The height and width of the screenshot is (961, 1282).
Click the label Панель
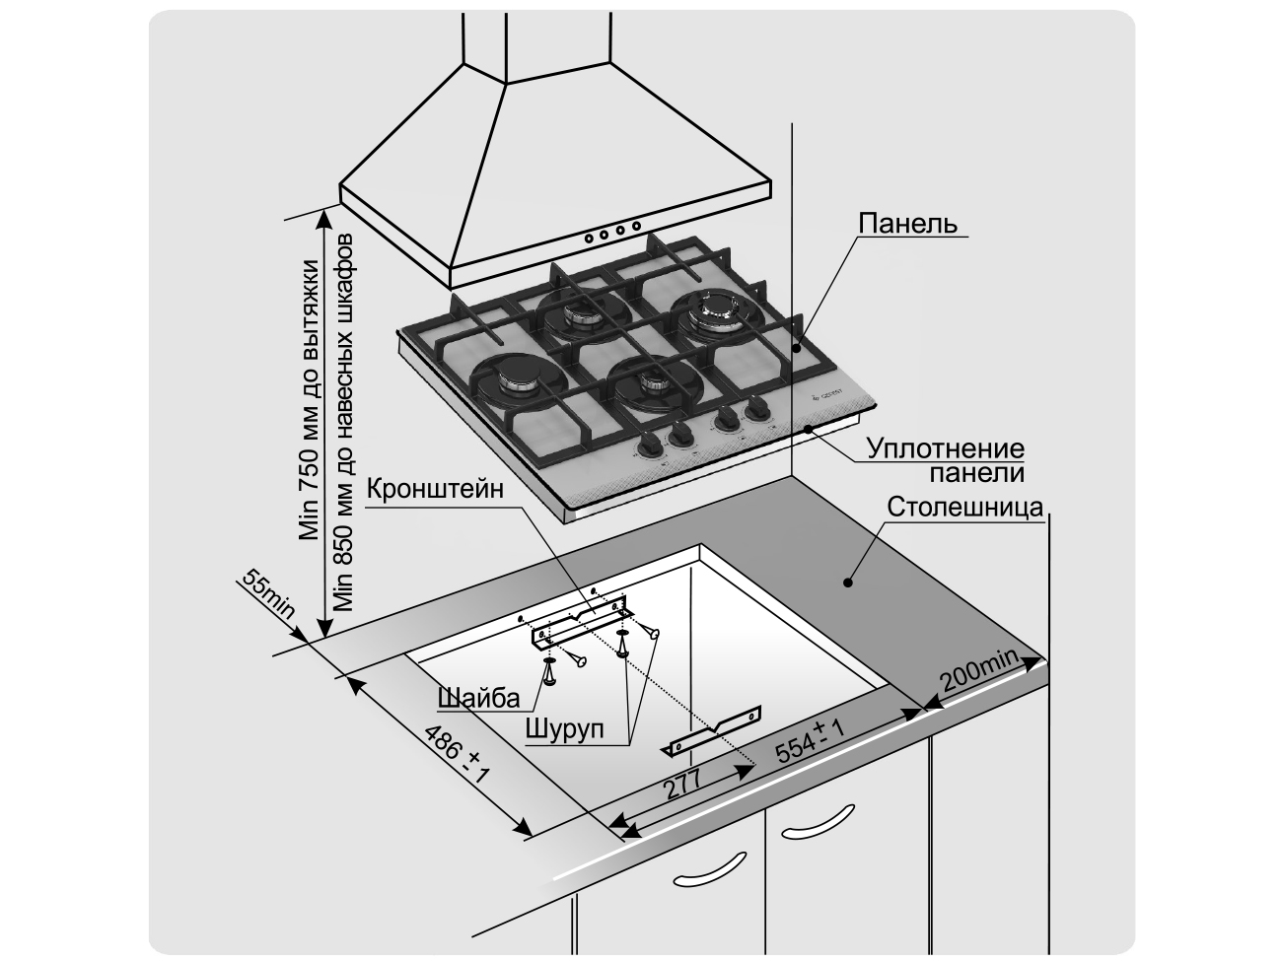(x=907, y=223)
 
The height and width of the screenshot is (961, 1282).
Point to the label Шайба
(x=478, y=699)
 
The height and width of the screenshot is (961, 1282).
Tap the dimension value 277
(x=681, y=786)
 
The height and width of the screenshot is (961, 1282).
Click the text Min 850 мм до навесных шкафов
(x=344, y=424)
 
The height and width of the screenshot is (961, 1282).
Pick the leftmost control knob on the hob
(x=650, y=445)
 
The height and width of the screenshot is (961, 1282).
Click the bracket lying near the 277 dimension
(x=715, y=731)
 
